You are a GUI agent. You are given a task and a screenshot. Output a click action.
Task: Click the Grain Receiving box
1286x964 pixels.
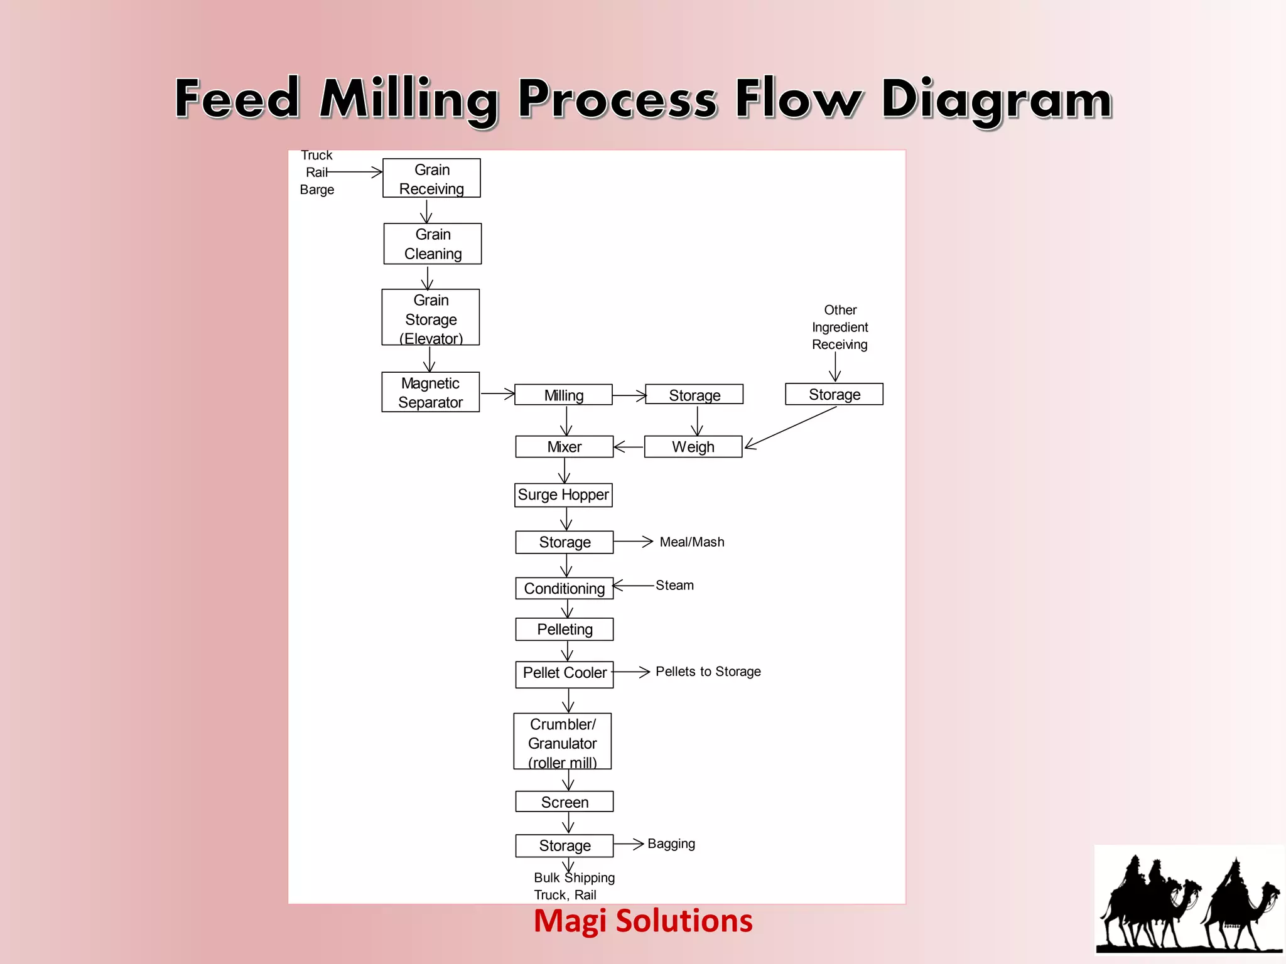pyautogui.click(x=431, y=178)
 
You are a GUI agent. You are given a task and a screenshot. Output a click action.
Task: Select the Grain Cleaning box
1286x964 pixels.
pyautogui.click(x=433, y=244)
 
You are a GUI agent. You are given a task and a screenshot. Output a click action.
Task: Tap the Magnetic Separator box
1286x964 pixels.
pyautogui.click(x=430, y=392)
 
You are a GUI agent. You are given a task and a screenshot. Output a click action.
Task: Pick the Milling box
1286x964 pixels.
pyautogui.click(x=563, y=395)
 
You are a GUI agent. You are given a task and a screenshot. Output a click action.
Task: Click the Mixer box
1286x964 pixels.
pyautogui.click(x=564, y=447)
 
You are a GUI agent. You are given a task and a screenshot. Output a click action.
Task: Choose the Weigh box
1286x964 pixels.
pyautogui.click(x=693, y=447)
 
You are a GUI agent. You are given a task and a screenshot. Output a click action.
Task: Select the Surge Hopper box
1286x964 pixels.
pyautogui.click(x=563, y=495)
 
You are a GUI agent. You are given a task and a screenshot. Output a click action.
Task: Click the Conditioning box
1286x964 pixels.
pyautogui.click(x=564, y=588)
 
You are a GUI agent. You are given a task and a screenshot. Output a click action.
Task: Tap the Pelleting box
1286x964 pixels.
pyautogui.click(x=564, y=629)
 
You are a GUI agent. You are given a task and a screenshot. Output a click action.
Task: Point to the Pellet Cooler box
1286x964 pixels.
pyautogui.click(x=564, y=674)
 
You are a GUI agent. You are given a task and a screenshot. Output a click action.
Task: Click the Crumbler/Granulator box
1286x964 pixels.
pyautogui.click(x=562, y=741)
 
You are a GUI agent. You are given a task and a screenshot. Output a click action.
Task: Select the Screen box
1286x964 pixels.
pyautogui.click(x=564, y=801)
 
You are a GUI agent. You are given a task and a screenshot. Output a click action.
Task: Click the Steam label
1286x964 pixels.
pyautogui.click(x=674, y=585)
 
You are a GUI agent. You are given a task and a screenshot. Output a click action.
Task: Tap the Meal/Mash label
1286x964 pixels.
pyautogui.click(x=691, y=542)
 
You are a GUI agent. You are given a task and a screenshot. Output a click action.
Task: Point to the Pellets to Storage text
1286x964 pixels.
pyautogui.click(x=708, y=672)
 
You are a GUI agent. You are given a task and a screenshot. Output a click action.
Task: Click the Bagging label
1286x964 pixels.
pyautogui.click(x=671, y=843)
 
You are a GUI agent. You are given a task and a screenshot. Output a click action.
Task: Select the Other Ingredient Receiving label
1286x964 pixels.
pyautogui.click(x=840, y=327)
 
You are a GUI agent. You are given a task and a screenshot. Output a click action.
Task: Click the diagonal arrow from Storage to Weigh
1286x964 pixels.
pyautogui.click(x=791, y=427)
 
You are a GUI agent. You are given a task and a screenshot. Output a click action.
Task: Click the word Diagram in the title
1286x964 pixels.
pyautogui.click(x=997, y=99)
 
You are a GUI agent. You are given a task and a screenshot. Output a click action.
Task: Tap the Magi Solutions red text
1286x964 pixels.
pyautogui.click(x=642, y=921)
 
